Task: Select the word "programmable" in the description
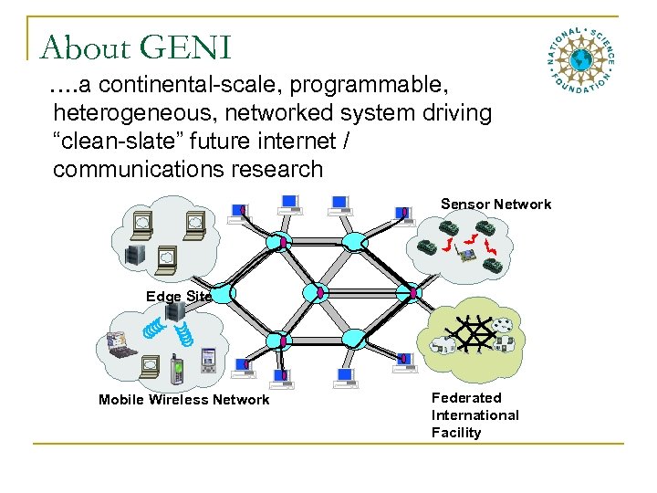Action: click(374, 86)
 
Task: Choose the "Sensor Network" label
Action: click(495, 204)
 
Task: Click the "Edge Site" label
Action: click(179, 296)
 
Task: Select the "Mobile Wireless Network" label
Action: click(183, 400)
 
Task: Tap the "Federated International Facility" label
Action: click(474, 414)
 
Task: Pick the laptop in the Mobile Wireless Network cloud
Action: click(121, 344)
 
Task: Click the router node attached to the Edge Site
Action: click(226, 294)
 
